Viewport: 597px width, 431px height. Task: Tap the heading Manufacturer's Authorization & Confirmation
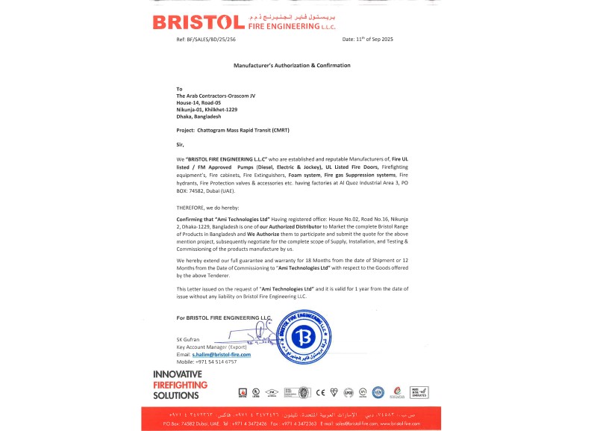(x=292, y=66)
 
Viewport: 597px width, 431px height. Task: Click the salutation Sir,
(x=180, y=144)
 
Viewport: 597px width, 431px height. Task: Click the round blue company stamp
(x=303, y=334)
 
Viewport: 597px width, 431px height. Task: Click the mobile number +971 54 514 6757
(x=216, y=362)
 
